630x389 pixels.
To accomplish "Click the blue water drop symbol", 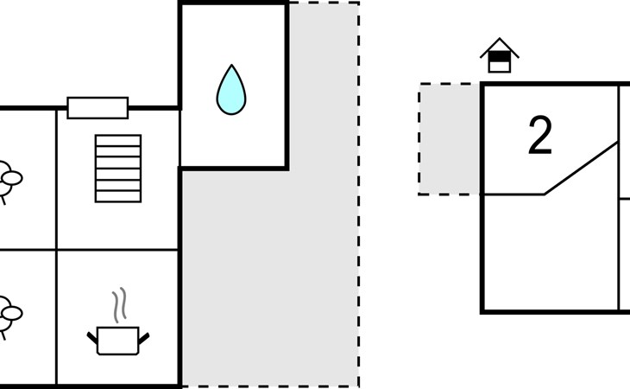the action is [231, 92].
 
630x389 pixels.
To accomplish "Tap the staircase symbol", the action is [118, 169].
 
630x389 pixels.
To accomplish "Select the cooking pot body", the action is [118, 341].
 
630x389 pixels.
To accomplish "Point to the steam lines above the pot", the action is [120, 305].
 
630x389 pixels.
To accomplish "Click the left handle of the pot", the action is [92, 338].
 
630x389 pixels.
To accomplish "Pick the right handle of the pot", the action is [144, 339].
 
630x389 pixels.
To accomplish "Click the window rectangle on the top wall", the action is [98, 108].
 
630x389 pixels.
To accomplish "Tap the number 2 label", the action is [540, 135].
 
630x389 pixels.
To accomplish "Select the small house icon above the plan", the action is [500, 55].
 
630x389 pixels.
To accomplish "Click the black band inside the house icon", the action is [500, 57].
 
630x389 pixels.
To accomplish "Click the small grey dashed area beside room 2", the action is [450, 139].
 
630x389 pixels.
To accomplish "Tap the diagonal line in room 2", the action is [581, 169].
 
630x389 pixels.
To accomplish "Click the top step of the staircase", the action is [118, 140].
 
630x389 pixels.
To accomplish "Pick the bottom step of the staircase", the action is [118, 197].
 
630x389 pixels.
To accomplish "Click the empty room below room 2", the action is [551, 252].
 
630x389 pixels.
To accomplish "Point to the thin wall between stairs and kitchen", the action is [117, 250].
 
